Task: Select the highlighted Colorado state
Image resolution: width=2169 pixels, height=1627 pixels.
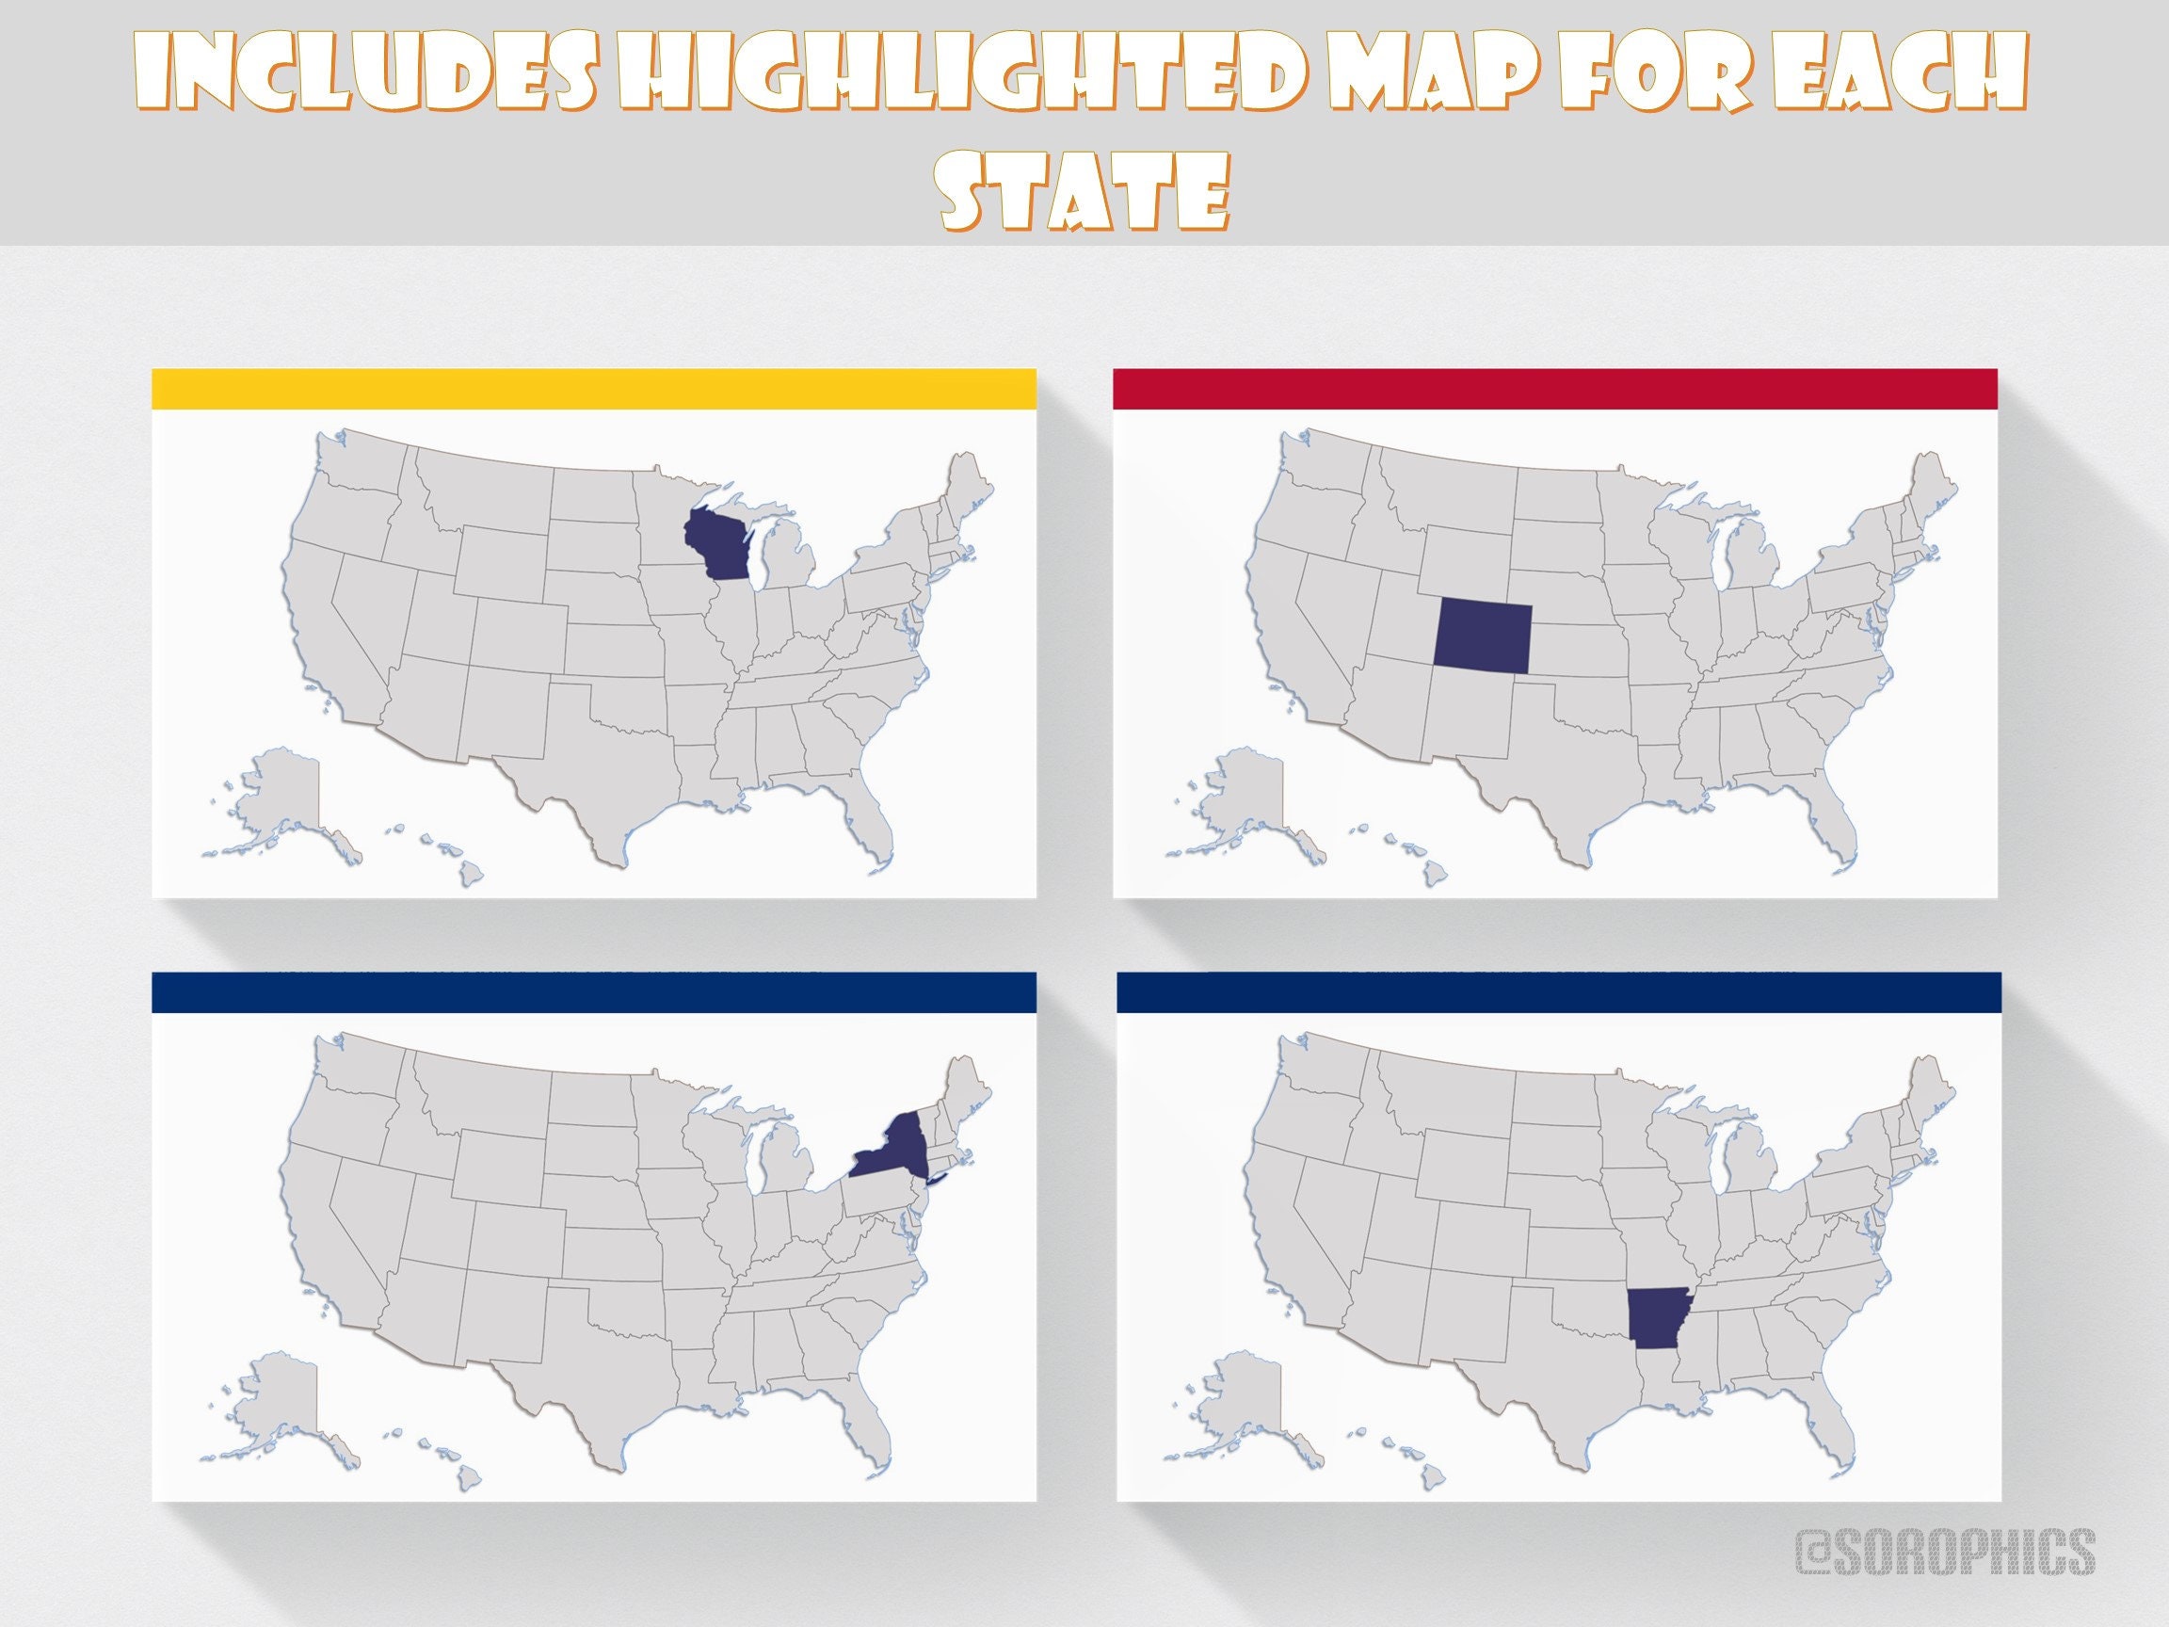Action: [x=1481, y=636]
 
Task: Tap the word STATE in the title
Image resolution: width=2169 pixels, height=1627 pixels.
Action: [x=1084, y=195]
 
